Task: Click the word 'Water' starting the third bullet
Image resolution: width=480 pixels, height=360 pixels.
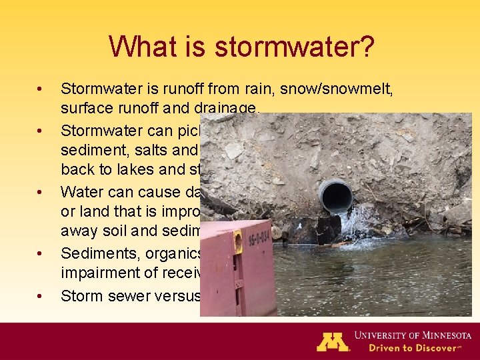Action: [83, 192]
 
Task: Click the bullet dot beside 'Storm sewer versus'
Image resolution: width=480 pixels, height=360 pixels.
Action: [41, 297]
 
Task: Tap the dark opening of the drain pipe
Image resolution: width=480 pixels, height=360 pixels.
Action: [335, 196]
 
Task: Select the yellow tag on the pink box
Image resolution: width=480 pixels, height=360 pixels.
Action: [237, 242]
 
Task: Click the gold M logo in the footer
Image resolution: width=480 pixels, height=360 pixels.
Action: [332, 341]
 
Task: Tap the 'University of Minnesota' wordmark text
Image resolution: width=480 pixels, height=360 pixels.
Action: [413, 335]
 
